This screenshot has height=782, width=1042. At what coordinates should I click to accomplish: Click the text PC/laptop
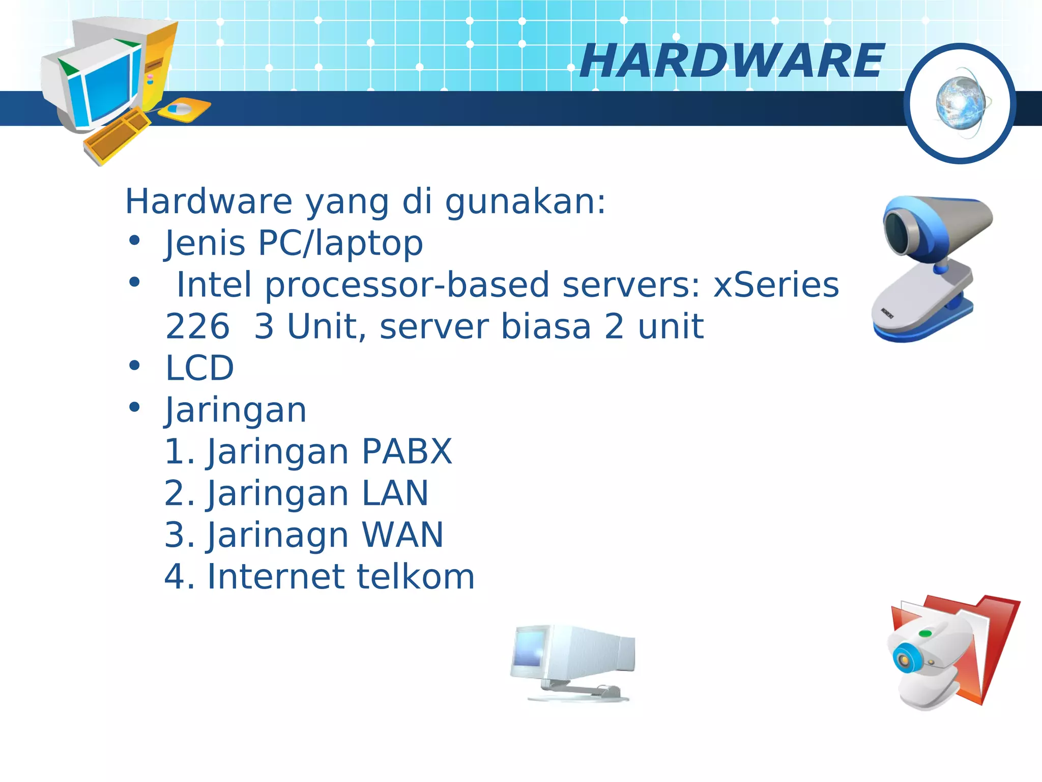pos(340,243)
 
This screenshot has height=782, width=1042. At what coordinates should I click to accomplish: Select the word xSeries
pos(776,285)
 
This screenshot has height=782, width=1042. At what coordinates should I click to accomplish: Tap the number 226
pos(197,327)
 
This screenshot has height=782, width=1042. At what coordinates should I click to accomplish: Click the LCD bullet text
pos(200,368)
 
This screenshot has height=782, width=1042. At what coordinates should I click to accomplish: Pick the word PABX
pos(407,452)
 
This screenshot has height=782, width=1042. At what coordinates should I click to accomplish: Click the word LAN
pos(395,493)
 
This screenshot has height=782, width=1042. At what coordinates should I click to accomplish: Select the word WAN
pos(402,535)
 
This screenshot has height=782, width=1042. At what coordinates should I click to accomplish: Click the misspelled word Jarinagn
pos(277,536)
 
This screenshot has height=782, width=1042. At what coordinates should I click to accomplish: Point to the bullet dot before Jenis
pos(134,241)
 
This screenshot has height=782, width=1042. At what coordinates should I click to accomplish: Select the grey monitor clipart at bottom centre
pos(572,661)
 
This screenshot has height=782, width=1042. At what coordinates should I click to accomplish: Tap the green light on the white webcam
pos(925,634)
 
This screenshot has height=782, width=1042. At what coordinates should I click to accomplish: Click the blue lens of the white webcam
pos(904,660)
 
